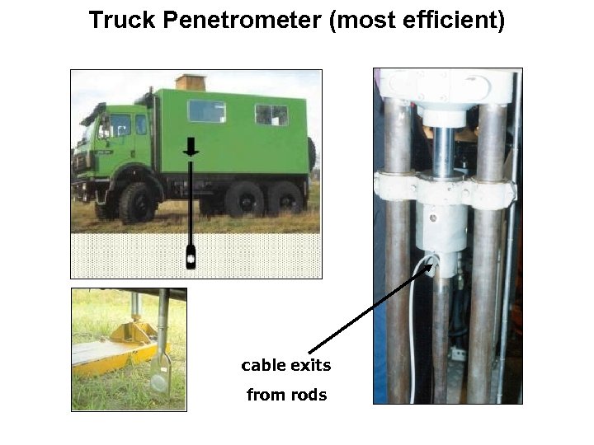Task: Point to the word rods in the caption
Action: (x=308, y=395)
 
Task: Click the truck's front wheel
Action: (x=135, y=202)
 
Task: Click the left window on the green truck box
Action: (x=206, y=111)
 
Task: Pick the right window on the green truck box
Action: (x=271, y=115)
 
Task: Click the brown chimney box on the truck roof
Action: (x=191, y=82)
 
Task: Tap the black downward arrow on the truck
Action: (x=191, y=148)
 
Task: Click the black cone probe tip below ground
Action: (x=191, y=256)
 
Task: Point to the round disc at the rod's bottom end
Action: (x=159, y=384)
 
